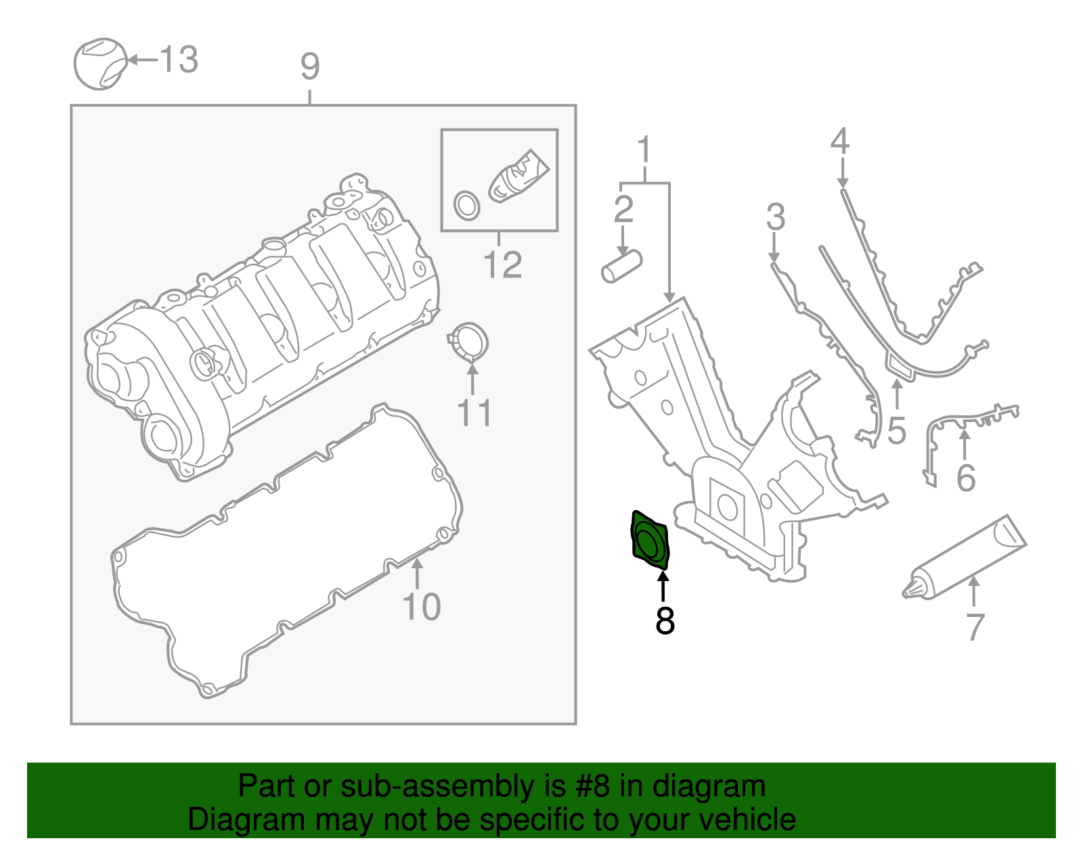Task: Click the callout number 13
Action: click(x=179, y=60)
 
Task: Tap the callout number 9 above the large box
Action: click(x=309, y=67)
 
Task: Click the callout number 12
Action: click(x=502, y=265)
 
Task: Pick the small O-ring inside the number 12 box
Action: click(x=466, y=205)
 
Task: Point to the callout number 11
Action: click(x=474, y=413)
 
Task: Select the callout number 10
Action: click(x=422, y=607)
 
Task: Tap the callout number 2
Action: click(x=623, y=209)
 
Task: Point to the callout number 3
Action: click(x=776, y=217)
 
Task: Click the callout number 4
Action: click(x=840, y=141)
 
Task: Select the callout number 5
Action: click(x=896, y=431)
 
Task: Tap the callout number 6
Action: click(x=966, y=478)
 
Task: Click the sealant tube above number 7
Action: click(x=965, y=557)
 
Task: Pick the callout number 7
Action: click(x=975, y=627)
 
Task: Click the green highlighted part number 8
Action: click(x=650, y=541)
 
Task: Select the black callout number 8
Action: click(x=665, y=620)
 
